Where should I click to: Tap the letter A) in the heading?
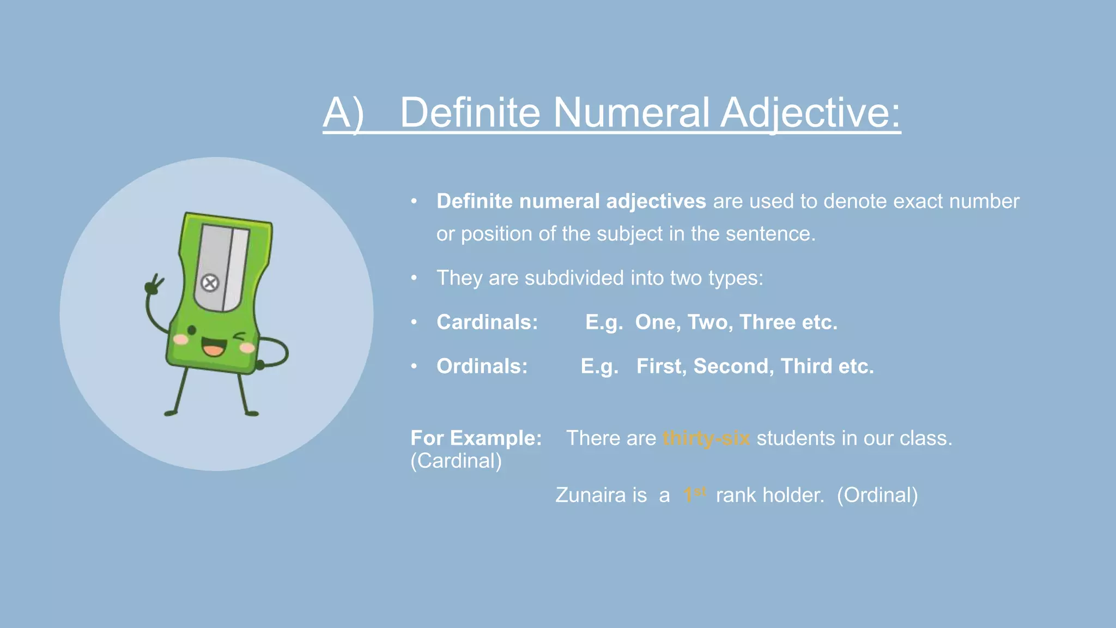pyautogui.click(x=343, y=113)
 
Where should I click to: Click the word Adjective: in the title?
pyautogui.click(x=810, y=113)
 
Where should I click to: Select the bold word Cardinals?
pyautogui.click(x=487, y=322)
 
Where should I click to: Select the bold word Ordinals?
pyautogui.click(x=482, y=366)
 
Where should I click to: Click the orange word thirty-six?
pyautogui.click(x=706, y=438)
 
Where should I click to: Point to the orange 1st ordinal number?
pyautogui.click(x=694, y=494)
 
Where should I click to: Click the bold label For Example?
pyautogui.click(x=476, y=438)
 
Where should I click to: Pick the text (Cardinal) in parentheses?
pyautogui.click(x=456, y=461)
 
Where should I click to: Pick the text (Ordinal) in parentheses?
pyautogui.click(x=877, y=495)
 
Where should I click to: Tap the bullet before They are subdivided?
pyautogui.click(x=414, y=278)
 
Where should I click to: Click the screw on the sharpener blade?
pyautogui.click(x=210, y=283)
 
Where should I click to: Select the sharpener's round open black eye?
pyautogui.click(x=192, y=330)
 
